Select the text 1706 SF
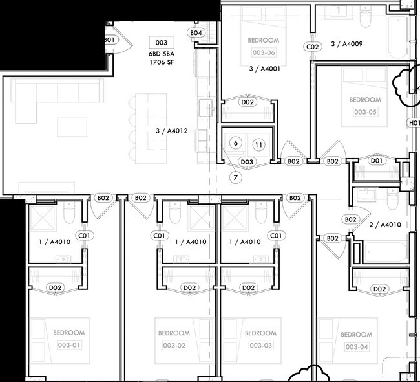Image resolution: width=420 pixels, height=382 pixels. [x=162, y=63]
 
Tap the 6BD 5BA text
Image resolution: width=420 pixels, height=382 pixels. [x=162, y=54]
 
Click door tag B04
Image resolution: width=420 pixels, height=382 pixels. [x=196, y=32]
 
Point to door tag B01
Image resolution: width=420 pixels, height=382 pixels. [x=109, y=40]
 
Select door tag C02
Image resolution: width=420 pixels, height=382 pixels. [x=313, y=47]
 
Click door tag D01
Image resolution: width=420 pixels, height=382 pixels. [x=377, y=161]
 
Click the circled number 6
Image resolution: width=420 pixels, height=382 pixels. [x=236, y=143]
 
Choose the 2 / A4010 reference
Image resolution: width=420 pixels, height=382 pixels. [x=385, y=225]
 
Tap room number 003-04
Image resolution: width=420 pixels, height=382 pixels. [x=356, y=346]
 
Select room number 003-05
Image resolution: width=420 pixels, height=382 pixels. [x=365, y=111]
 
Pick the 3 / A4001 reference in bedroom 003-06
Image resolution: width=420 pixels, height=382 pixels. [x=264, y=67]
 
